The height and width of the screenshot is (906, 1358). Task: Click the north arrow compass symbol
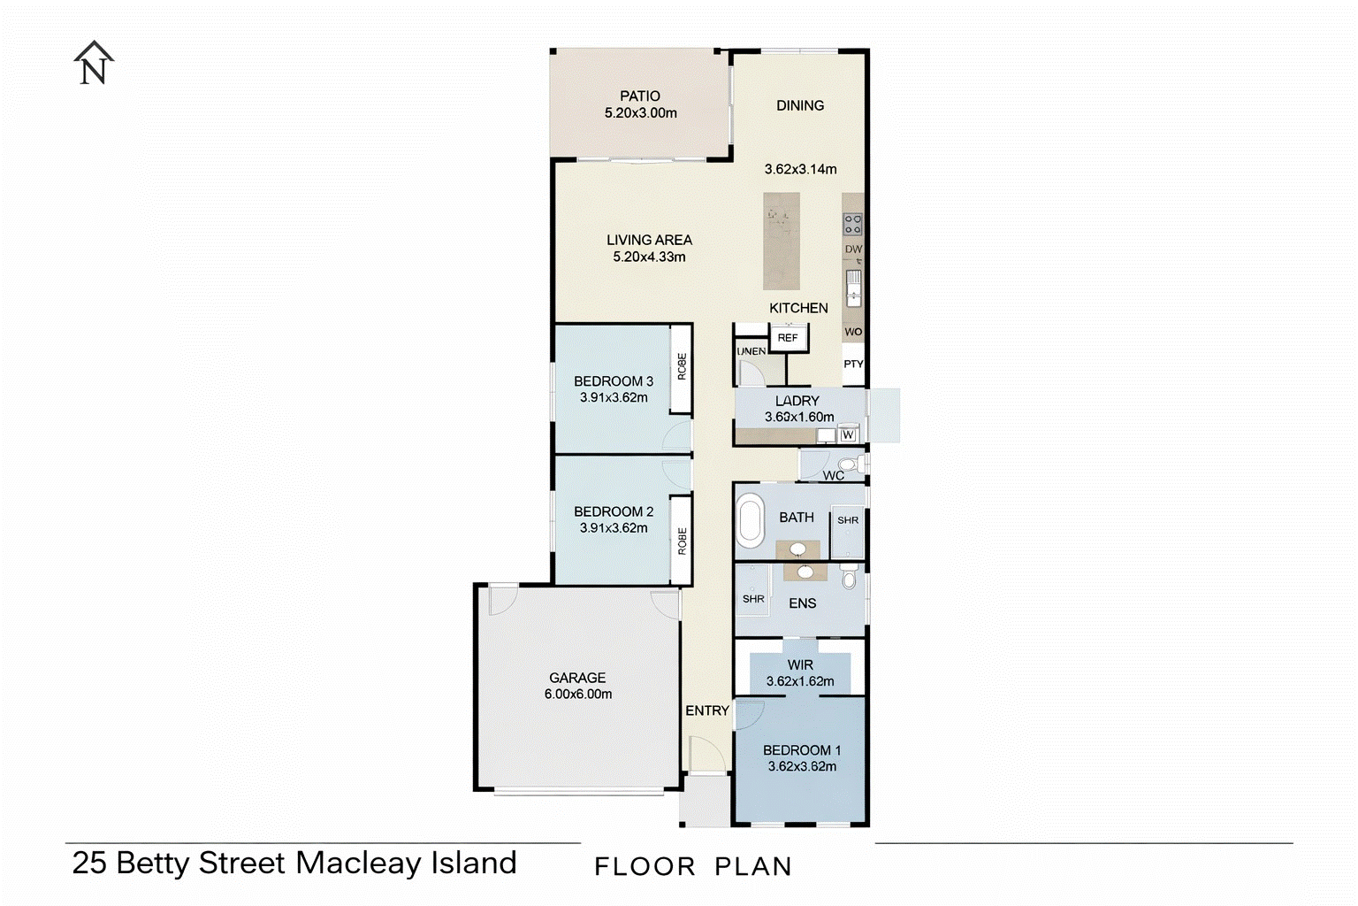pos(94,63)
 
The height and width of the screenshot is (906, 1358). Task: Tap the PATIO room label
pos(639,96)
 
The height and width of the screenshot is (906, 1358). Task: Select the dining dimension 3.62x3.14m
pos(800,169)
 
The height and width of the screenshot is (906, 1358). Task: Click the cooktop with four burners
pos(853,224)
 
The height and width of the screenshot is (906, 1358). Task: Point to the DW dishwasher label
pos(853,249)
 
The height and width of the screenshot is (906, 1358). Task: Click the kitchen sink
pos(853,288)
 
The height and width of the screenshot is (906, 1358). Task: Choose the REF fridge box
pos(788,337)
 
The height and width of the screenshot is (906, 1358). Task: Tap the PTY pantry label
pos(853,365)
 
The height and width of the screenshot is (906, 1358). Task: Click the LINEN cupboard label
pos(751,351)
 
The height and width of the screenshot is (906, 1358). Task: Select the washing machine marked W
pos(848,434)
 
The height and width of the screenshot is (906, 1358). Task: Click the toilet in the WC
pos(851,465)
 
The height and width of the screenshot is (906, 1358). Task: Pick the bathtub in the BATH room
pos(751,520)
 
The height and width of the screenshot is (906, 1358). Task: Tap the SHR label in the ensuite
pos(753,599)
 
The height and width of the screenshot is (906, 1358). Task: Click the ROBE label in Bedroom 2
pos(682,541)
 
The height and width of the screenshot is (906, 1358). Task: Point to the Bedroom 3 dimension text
pos(614,397)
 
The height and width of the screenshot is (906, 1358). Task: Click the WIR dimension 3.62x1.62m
pos(800,681)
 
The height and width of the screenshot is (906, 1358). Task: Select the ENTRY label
pos(707,710)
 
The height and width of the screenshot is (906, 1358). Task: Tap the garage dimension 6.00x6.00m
pos(577,694)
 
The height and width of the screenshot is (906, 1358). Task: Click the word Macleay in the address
pos(358,864)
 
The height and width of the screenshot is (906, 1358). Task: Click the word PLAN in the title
pos(753,866)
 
